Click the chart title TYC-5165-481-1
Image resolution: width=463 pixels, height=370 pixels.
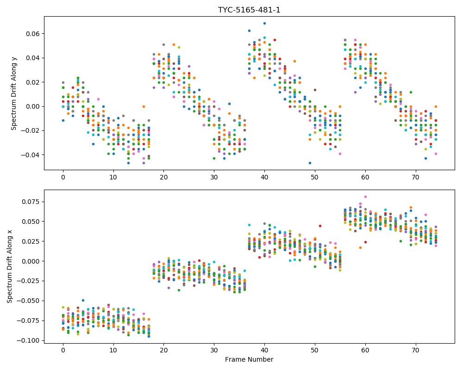(249, 10)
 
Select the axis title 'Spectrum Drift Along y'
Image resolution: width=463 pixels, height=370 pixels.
(13, 93)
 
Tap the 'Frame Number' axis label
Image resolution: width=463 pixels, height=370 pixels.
(249, 359)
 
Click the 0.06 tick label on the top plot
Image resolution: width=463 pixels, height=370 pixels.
(33, 34)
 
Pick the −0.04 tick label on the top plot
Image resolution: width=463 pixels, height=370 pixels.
(31, 155)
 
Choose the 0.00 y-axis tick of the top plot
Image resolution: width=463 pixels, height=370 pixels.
(33, 106)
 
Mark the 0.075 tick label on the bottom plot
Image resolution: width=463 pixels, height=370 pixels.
(31, 202)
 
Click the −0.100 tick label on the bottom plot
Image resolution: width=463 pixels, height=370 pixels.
(29, 340)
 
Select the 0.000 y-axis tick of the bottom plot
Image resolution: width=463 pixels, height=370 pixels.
(31, 261)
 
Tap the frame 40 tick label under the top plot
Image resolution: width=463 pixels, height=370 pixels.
(264, 177)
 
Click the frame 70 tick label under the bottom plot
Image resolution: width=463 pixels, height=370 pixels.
(416, 351)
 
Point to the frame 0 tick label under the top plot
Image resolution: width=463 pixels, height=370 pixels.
(63, 177)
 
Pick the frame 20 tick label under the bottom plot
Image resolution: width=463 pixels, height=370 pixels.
(163, 351)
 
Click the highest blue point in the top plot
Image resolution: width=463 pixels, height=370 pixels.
(264, 23)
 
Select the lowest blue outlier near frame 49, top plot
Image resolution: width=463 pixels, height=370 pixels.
(310, 163)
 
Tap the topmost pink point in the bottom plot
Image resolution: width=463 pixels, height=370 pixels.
(365, 197)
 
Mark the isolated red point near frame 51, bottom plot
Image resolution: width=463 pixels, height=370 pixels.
(320, 226)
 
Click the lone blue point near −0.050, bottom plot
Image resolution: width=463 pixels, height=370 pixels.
(83, 300)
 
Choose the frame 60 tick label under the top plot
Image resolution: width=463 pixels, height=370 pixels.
(365, 177)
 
